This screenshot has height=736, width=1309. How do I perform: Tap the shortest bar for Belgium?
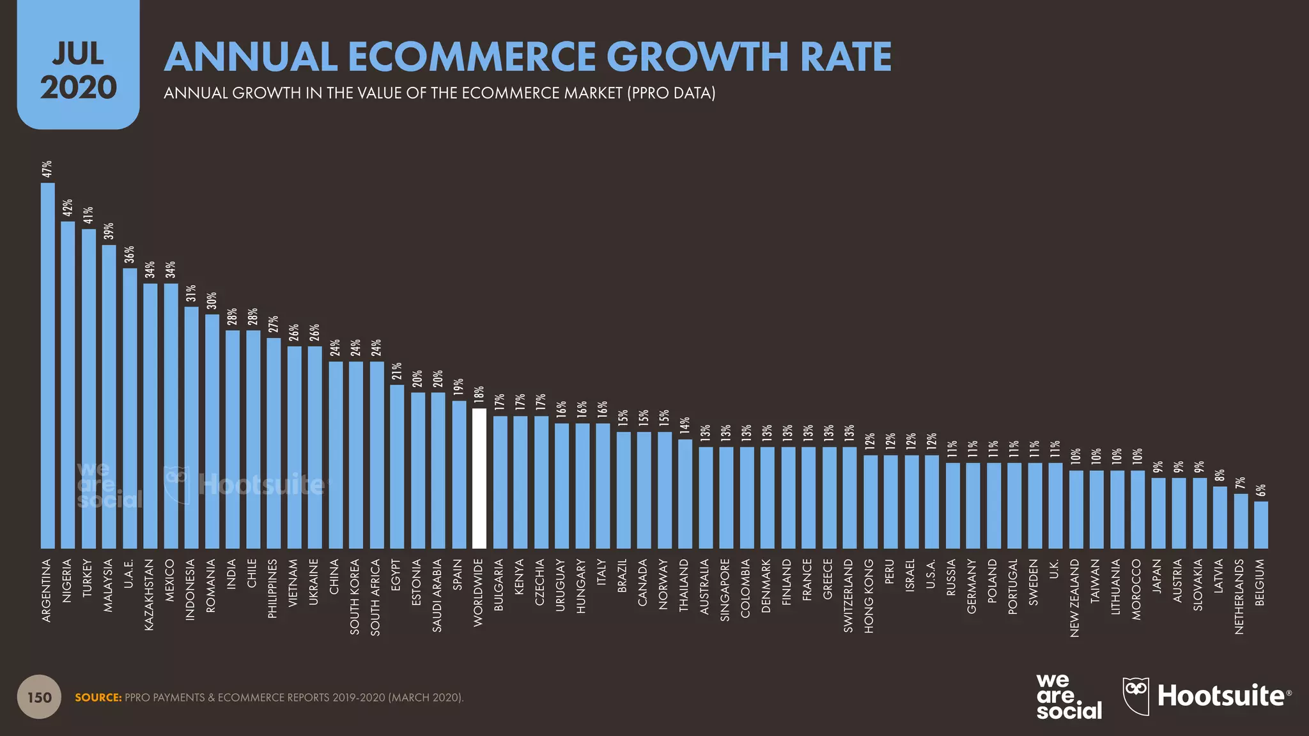click(1260, 525)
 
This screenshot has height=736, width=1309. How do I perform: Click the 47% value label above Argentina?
click(47, 169)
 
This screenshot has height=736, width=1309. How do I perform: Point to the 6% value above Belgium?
click(1260, 491)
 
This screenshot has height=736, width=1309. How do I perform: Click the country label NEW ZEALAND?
click(1075, 598)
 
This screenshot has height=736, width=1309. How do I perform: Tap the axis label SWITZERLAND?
click(849, 596)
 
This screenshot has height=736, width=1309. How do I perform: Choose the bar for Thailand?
click(685, 493)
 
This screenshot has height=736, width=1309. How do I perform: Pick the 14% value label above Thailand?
click(685, 425)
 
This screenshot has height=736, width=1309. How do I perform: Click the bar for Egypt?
click(397, 466)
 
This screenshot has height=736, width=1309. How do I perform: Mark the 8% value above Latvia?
click(1220, 475)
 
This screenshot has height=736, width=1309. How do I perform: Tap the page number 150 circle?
click(39, 697)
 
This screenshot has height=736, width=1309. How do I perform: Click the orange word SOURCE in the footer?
click(98, 698)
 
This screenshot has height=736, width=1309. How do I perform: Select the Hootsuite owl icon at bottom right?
click(1136, 695)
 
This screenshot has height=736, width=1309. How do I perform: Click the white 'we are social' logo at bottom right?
click(1068, 696)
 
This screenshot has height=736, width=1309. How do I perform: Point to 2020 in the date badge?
click(78, 88)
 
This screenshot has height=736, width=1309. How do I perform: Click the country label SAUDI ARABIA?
click(438, 595)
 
